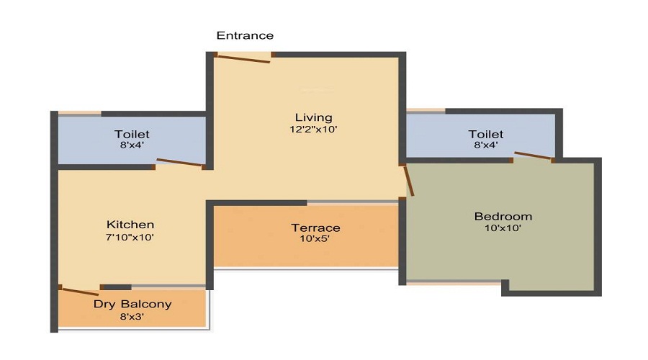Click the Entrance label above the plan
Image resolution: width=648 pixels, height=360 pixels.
[245, 35]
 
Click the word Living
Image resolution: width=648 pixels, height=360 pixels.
[313, 117]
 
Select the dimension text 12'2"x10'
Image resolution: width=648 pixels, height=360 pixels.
[313, 130]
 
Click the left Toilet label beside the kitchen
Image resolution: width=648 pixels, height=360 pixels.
[132, 134]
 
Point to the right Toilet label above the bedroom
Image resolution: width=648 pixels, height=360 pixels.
[485, 134]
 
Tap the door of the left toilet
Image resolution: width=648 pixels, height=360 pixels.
[180, 163]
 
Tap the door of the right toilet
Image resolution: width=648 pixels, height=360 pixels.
[534, 156]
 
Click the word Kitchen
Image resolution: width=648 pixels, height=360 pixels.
[130, 225]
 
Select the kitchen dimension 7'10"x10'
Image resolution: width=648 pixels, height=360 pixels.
[130, 237]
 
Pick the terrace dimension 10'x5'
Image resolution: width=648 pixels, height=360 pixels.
[310, 239]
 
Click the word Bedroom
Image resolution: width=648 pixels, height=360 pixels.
[503, 216]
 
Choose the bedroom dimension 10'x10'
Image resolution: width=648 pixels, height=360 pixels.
[503, 228]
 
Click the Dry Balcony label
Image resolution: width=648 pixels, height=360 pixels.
[132, 304]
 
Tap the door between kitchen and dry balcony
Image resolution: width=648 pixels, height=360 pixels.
[80, 291]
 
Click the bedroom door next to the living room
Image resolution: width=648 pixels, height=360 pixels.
[409, 180]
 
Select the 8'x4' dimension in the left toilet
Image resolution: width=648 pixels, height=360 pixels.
[132, 146]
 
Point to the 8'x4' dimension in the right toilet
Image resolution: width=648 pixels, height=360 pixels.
[485, 146]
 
